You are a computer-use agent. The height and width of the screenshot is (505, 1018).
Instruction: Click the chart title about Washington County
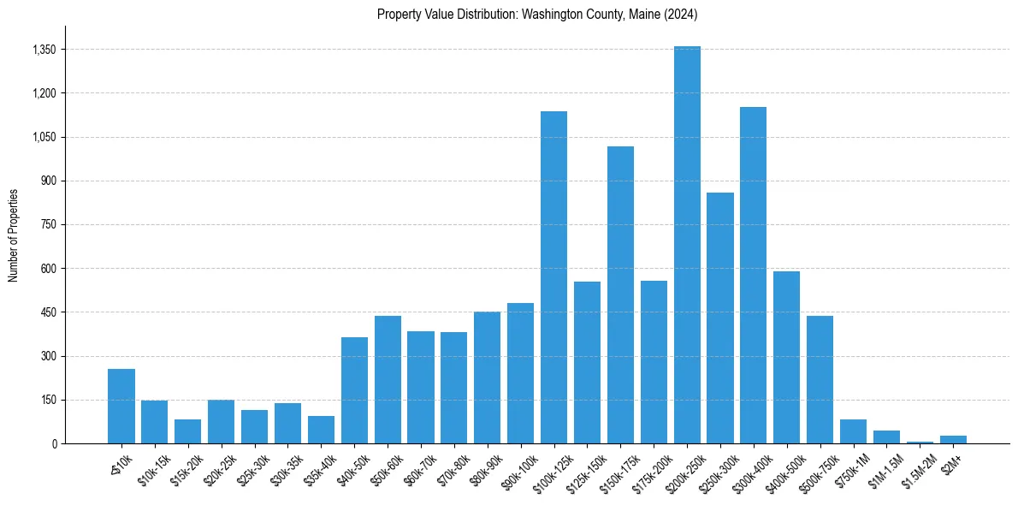537,15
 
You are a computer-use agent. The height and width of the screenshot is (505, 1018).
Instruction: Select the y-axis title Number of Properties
14,235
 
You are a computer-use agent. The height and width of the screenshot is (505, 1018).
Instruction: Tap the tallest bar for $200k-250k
687,245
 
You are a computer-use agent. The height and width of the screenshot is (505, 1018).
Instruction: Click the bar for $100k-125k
553,277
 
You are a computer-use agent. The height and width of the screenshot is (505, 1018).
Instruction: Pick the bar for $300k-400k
753,275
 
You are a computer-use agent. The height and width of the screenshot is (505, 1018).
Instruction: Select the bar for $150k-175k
620,295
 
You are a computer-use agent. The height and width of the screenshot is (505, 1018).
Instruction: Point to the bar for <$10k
121,407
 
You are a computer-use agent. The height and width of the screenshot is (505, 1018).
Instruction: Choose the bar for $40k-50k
354,390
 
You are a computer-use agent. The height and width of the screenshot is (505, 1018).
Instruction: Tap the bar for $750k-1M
853,431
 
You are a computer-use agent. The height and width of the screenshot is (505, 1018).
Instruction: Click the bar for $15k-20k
187,431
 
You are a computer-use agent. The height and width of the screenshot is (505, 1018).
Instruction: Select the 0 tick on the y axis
53,443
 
